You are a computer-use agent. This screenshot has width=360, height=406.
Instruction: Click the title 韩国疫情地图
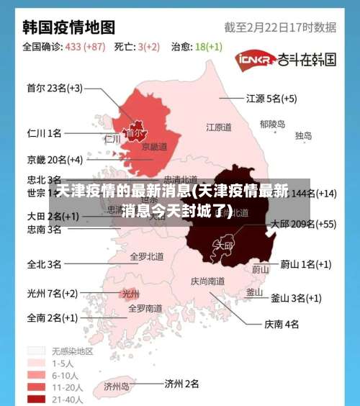tap(69, 27)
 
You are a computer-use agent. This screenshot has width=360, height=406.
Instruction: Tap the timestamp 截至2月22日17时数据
tap(280, 27)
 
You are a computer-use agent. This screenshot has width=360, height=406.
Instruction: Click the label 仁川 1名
tap(44, 133)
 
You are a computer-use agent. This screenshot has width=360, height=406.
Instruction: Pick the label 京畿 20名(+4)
tap(55, 159)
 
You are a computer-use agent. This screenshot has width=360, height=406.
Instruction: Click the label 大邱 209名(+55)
tap(303, 224)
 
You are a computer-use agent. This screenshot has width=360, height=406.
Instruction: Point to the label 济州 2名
tap(181, 384)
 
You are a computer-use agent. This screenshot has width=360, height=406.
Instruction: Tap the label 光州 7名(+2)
tap(52, 293)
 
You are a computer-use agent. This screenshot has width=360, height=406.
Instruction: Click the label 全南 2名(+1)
tap(52, 317)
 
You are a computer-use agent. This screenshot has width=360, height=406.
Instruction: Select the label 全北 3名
tap(44, 264)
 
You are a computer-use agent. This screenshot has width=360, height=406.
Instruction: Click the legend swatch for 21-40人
tap(37, 399)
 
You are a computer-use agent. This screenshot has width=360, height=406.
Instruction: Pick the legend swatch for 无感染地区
tap(37, 351)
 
